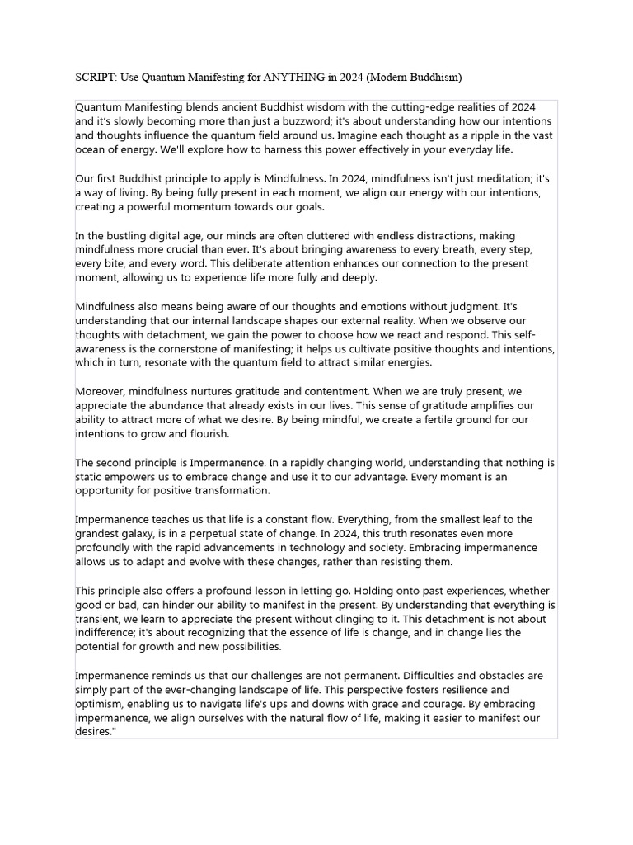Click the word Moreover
pyautogui.click(x=101, y=391)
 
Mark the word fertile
pyautogui.click(x=391, y=420)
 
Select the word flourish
pyautogui.click(x=205, y=434)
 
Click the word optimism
pyautogui.click(x=101, y=704)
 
